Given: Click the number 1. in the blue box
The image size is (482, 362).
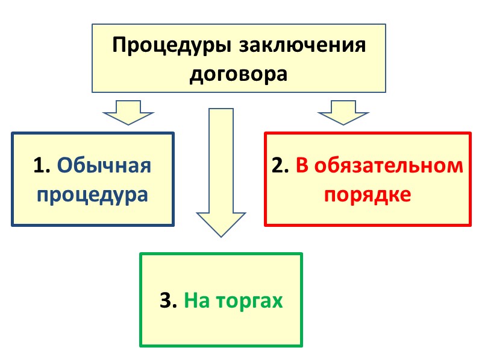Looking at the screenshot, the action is [x=42, y=165].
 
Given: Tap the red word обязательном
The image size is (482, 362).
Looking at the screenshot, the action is [x=388, y=165].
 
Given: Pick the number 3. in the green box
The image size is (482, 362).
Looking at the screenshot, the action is [x=168, y=300].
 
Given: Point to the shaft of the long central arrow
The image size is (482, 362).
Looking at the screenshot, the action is [x=221, y=157].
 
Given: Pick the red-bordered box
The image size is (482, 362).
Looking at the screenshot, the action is [x=368, y=214].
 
